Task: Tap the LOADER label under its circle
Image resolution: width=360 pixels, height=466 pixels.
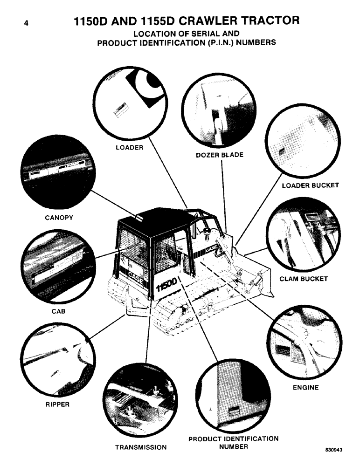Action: click(x=129, y=148)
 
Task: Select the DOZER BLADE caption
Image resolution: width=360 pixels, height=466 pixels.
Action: click(x=219, y=155)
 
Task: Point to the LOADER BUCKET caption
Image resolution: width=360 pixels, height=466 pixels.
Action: click(x=310, y=185)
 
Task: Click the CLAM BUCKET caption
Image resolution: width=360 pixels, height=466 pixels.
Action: click(x=304, y=279)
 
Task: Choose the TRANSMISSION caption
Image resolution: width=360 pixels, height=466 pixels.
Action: click(x=140, y=447)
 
